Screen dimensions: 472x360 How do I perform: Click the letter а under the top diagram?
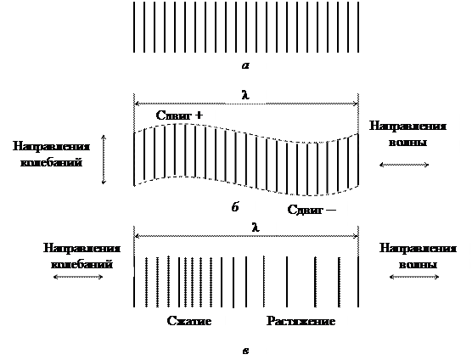pyautogui.click(x=245, y=65)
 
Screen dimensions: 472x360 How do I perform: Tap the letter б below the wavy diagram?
pyautogui.click(x=235, y=207)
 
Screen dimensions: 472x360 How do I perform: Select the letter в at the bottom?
pyautogui.click(x=245, y=351)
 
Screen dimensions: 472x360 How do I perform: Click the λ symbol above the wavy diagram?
pyautogui.click(x=246, y=95)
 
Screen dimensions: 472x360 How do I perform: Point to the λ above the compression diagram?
pyautogui.click(x=256, y=228)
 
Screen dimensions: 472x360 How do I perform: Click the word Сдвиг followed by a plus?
pyautogui.click(x=174, y=115)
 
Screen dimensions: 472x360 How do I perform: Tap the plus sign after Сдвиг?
pyautogui.click(x=199, y=115)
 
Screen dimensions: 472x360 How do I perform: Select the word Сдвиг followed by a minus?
pyautogui.click(x=305, y=210)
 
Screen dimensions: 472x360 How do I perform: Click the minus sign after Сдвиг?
pyautogui.click(x=331, y=210)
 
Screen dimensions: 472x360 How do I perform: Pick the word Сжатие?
pyautogui.click(x=189, y=321)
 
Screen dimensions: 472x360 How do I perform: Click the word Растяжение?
pyautogui.click(x=301, y=321)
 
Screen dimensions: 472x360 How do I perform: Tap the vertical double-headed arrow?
pyautogui.click(x=104, y=160)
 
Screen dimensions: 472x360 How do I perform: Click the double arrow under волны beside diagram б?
pyautogui.click(x=404, y=165)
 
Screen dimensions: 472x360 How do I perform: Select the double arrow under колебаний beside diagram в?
pyautogui.click(x=78, y=277)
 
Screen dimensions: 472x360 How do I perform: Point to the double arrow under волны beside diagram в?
pyautogui.click(x=414, y=277)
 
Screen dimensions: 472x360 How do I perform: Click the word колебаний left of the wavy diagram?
pyautogui.click(x=51, y=162)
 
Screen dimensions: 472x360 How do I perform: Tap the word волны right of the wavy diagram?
pyautogui.click(x=407, y=142)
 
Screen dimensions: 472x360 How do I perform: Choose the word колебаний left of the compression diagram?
pyautogui.click(x=81, y=264)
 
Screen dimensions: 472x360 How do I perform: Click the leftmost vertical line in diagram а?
pyautogui.click(x=134, y=27)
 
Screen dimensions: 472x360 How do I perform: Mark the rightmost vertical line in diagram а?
pyautogui.click(x=358, y=27)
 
